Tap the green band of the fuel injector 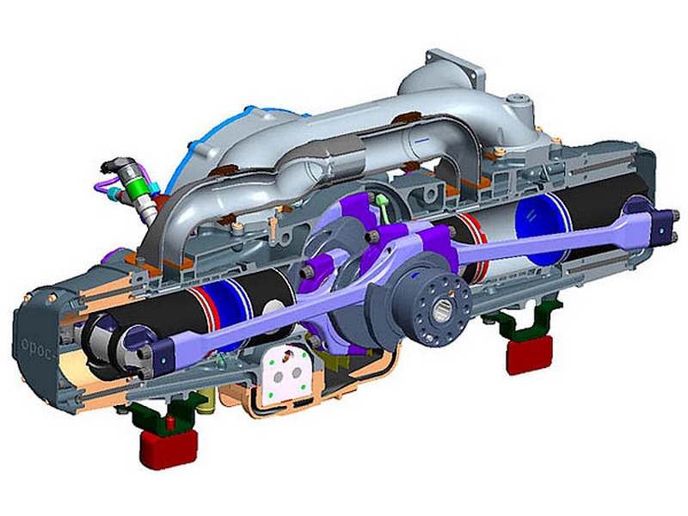(135, 186)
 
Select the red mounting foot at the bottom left (168, 448)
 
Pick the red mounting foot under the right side (529, 353)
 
